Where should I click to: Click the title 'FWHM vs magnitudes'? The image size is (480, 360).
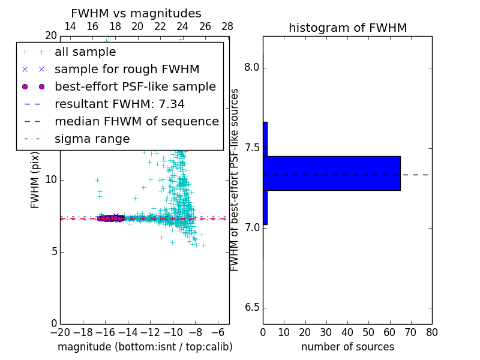[x=136, y=13]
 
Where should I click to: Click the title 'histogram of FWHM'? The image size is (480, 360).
[x=347, y=28]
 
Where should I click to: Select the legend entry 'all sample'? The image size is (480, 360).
[x=85, y=52]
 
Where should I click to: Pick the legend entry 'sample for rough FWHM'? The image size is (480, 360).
[x=127, y=70]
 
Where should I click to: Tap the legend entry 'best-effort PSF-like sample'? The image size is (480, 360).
[x=135, y=86]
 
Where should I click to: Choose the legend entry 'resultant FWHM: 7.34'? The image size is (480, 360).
[x=119, y=104]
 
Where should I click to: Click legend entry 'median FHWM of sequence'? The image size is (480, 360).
[x=136, y=121]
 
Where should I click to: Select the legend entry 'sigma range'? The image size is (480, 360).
[x=92, y=139]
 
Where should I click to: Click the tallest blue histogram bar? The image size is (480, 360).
[x=332, y=173]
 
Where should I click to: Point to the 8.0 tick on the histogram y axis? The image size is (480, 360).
[x=251, y=68]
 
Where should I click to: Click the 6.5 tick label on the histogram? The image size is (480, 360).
[x=251, y=308]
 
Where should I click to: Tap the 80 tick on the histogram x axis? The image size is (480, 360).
[x=431, y=332]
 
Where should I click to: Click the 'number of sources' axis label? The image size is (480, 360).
[x=347, y=347]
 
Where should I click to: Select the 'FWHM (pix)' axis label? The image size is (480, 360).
[x=35, y=180]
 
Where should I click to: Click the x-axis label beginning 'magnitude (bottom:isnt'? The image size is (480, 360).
[x=145, y=347]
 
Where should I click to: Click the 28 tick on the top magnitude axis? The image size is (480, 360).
[x=227, y=26]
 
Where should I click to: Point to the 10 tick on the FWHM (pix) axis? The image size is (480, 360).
[x=50, y=180]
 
